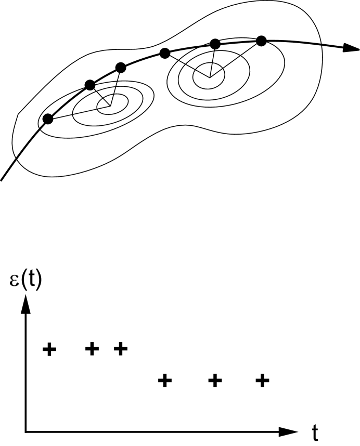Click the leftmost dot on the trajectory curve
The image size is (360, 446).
48,119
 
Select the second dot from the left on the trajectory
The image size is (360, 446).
90,84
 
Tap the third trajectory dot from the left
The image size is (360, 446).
121,67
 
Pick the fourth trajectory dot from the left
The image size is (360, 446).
165,53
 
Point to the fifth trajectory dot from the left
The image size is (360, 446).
214,44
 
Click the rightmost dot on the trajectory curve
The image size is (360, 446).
261,41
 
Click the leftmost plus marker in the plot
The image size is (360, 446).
49,349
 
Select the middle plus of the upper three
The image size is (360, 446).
92,349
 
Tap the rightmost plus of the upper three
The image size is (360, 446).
120,348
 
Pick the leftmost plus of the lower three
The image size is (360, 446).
164,381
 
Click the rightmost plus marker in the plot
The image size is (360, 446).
263,381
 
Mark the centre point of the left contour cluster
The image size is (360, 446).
109,107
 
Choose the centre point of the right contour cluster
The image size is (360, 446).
210,77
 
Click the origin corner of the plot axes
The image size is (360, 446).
25,431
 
